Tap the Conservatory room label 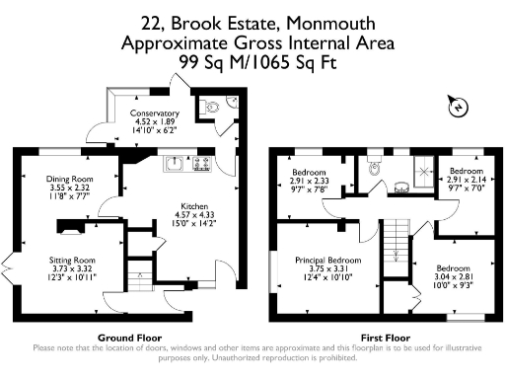[155, 114]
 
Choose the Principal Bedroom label [326, 261]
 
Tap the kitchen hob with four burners [203, 162]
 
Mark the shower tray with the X [425, 170]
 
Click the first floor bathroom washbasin [401, 185]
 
